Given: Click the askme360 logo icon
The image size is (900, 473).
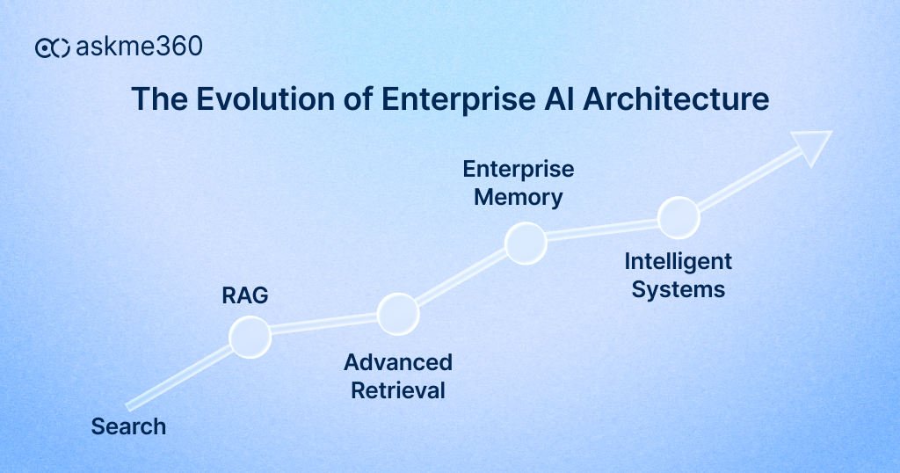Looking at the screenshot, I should point(52,48).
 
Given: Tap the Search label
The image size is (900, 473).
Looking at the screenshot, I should point(128,426).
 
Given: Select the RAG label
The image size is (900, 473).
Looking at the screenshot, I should point(244,296).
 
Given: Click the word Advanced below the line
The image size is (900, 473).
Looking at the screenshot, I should point(397,362).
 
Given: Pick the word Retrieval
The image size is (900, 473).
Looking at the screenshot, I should point(397,390).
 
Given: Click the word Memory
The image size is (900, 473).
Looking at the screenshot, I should point(518,197).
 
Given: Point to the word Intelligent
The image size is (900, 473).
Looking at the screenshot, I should point(678,261).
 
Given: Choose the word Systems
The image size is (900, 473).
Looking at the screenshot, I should point(678,289).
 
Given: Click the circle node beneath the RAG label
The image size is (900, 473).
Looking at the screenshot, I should point(250,337).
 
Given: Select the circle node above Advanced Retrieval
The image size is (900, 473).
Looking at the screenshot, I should point(397,313).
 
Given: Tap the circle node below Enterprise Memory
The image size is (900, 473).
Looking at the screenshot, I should point(526,243).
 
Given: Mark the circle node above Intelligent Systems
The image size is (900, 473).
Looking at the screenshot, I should point(678,217).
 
